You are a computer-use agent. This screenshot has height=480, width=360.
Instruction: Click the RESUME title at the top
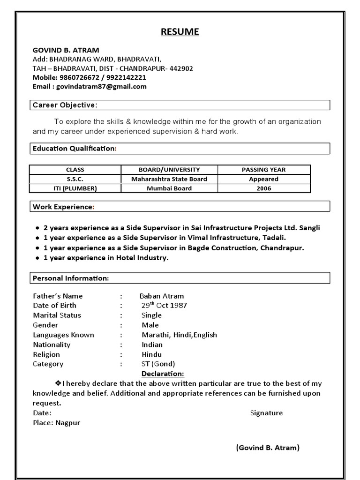[x=180, y=32]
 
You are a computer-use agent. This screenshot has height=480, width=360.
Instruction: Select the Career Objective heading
[x=65, y=105]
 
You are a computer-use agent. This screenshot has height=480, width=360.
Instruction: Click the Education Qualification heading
[x=74, y=149]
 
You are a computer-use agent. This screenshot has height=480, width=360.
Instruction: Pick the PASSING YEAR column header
[x=263, y=170]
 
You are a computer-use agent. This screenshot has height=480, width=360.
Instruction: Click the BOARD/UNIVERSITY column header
[x=169, y=170]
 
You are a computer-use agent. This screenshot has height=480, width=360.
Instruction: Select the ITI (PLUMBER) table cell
[x=75, y=188]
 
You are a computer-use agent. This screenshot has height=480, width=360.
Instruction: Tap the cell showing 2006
[x=263, y=188]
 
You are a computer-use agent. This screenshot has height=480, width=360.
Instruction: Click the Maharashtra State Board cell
[x=169, y=179]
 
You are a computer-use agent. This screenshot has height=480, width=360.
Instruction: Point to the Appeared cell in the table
[x=263, y=179]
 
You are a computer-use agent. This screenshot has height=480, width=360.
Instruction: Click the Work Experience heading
[x=63, y=207]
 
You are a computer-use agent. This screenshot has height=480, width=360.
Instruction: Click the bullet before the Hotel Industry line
[x=37, y=258]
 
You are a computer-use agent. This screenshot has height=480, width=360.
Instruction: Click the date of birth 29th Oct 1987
[x=164, y=305]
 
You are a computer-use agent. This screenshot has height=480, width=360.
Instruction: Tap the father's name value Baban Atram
[x=162, y=296]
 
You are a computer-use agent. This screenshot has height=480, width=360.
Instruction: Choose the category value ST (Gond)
[x=158, y=364]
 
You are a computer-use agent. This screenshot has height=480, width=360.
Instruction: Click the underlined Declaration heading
[x=163, y=374]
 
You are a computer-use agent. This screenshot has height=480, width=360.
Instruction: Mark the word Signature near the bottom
[x=266, y=413]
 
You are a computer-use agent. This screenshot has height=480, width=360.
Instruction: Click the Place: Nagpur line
[x=56, y=423]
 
